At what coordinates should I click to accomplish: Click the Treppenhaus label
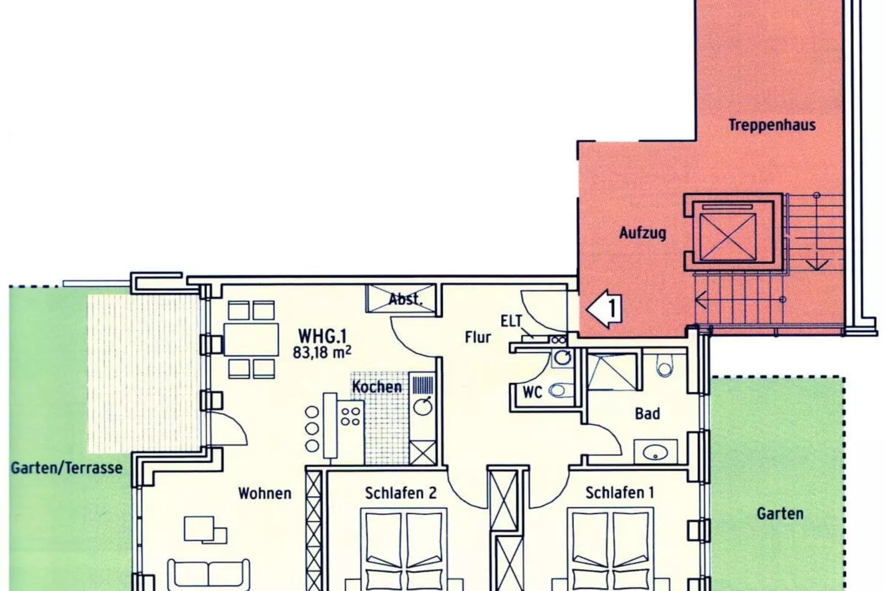[771, 125]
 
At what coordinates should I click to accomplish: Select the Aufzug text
[642, 233]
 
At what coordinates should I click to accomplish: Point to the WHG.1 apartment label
[322, 336]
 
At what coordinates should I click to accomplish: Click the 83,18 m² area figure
[322, 352]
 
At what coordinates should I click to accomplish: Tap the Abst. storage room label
[405, 300]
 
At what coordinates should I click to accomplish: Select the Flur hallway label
[477, 337]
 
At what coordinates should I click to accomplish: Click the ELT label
[511, 321]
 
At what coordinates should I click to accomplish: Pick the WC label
[532, 392]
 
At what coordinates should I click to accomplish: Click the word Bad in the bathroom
[647, 413]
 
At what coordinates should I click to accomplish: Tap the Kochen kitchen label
[377, 387]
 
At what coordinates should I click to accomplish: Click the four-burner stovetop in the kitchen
[350, 416]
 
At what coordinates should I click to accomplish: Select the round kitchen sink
[423, 407]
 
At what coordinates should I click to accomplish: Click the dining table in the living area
[252, 339]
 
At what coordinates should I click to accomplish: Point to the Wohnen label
[264, 493]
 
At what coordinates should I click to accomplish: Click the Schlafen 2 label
[401, 493]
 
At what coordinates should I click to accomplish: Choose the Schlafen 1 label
[620, 492]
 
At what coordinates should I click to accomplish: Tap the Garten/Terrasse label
[67, 468]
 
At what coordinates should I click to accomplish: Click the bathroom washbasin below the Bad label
[655, 452]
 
